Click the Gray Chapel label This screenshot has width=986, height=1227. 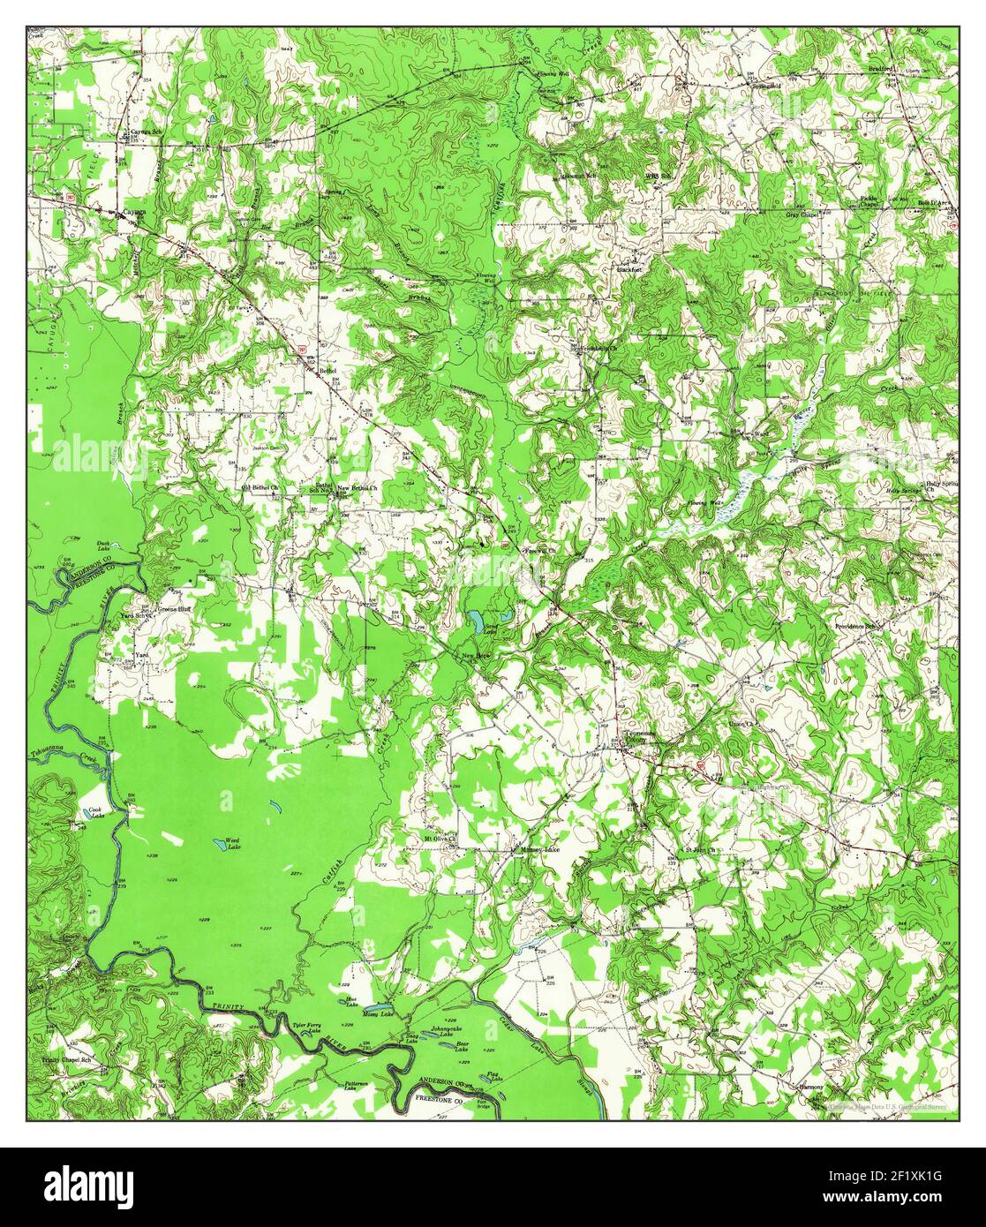click(x=802, y=214)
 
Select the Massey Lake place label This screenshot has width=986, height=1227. click(x=539, y=849)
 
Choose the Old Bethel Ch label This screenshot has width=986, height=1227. click(x=260, y=487)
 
